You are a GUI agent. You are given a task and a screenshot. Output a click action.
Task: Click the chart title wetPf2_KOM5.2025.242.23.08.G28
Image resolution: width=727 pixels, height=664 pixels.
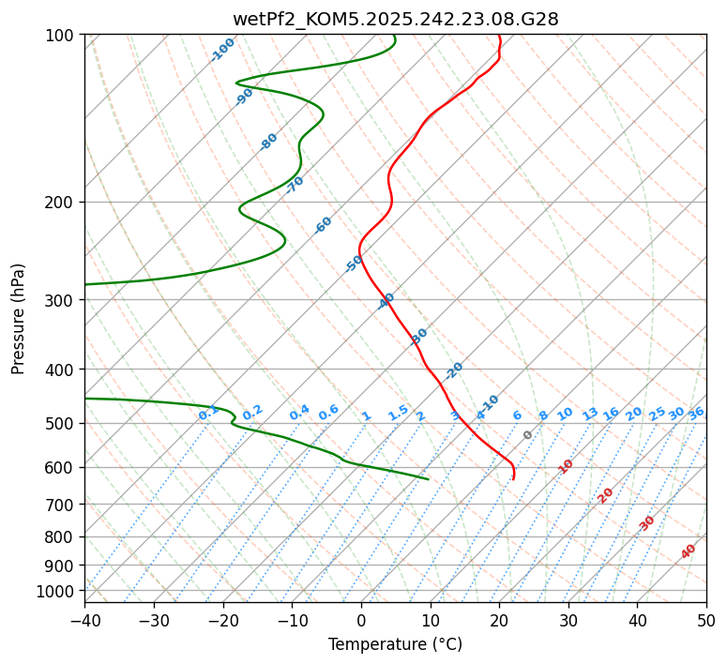395,19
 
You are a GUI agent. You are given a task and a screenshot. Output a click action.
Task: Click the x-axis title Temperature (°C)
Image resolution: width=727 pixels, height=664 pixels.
395,644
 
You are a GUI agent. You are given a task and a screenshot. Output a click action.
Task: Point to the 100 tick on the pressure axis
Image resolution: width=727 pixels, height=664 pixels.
63,36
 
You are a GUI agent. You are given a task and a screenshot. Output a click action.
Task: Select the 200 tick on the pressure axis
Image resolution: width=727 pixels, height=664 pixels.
63,203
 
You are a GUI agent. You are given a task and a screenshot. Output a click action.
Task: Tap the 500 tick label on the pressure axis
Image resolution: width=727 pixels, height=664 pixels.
63,424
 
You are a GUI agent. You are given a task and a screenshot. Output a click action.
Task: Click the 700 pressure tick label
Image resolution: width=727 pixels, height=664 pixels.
63,505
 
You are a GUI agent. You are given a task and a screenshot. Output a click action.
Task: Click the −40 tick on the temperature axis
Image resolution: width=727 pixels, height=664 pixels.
84,620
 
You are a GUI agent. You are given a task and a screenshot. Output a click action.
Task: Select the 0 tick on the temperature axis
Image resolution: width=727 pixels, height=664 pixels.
361,620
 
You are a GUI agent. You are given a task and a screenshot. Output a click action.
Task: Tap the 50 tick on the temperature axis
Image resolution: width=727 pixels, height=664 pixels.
706,620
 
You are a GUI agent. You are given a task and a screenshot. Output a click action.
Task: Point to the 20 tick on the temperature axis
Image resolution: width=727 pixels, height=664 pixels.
499,620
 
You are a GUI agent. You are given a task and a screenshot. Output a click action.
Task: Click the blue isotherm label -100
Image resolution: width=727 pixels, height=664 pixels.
223,50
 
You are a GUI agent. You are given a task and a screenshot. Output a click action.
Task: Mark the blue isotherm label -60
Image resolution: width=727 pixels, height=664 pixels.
324,225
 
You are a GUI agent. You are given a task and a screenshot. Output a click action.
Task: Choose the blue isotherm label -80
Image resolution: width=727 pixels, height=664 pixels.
269,142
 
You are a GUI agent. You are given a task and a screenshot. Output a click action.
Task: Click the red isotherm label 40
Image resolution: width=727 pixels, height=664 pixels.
689,551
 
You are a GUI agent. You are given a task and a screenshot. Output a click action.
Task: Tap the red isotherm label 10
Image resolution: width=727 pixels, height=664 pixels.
566,466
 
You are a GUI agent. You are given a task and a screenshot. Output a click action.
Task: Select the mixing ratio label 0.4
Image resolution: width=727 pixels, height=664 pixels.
299,414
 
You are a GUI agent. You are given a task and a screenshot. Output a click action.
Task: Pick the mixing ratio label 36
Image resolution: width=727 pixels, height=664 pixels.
696,414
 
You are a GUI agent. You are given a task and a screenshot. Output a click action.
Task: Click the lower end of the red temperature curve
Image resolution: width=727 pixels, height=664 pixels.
513,479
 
